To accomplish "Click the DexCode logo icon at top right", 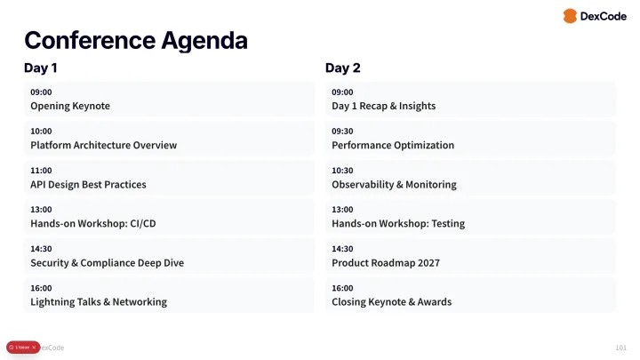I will tap(570, 16).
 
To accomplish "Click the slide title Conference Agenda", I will tap(135, 40).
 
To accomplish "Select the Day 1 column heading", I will tap(41, 68).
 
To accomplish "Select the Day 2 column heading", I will tap(342, 68).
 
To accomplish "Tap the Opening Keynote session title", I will tap(70, 106).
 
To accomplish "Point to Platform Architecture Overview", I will tap(103, 145).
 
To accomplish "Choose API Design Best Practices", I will tap(88, 184).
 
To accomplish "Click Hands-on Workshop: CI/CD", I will tap(92, 223).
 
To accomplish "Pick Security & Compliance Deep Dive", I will tap(107, 262).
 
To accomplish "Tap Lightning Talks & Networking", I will tap(99, 301).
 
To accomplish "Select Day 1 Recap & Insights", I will tap(383, 106).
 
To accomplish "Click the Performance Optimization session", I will tap(393, 145).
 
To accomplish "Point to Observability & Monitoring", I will tap(394, 184).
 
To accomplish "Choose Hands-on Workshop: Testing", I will tap(398, 223).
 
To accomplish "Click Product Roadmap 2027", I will tap(385, 262).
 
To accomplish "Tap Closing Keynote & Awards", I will tap(391, 301).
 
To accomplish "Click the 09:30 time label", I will tap(342, 131).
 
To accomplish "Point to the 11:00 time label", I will tap(41, 170).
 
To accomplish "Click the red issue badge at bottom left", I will tap(22, 347).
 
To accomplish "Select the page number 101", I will tap(620, 347).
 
